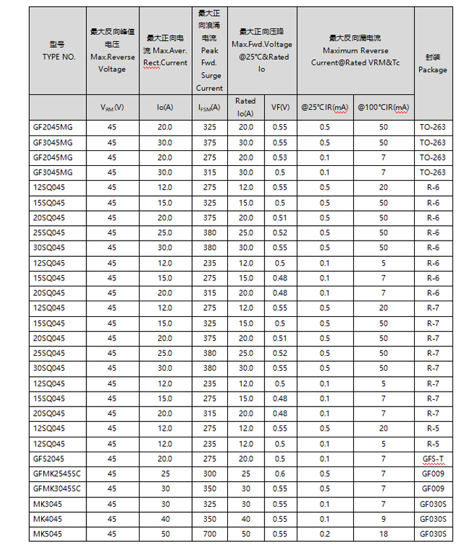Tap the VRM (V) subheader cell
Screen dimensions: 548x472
coord(112,107)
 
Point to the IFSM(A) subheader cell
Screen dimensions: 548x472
coord(209,107)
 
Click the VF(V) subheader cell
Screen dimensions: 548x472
coord(281,107)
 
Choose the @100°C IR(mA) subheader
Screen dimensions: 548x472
coord(383,107)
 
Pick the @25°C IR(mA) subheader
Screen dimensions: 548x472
coord(325,107)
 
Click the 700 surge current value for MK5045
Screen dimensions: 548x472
coord(209,534)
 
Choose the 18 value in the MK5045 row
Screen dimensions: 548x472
coord(383,534)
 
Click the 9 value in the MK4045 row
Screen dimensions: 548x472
coord(383,519)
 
